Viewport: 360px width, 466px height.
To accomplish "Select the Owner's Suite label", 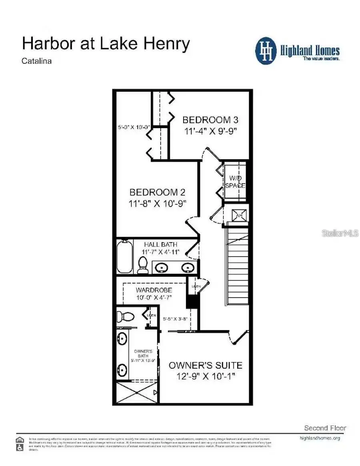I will (x=205, y=365).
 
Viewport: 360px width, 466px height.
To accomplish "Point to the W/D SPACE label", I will (x=235, y=182).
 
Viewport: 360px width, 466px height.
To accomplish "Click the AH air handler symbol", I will (x=239, y=215).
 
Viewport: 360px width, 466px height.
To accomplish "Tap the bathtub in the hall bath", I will (x=124, y=257).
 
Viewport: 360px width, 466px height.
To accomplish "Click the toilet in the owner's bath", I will (x=128, y=316).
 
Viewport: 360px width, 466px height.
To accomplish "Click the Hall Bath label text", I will (x=161, y=245).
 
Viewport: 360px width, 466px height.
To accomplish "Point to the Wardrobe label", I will (x=154, y=290).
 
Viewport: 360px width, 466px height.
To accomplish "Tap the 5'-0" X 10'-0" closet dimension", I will (x=134, y=127).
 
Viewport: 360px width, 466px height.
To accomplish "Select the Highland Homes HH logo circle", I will (x=266, y=51).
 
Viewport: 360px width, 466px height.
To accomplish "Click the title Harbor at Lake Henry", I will (x=106, y=43).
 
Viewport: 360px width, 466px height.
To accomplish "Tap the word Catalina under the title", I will (x=36, y=61).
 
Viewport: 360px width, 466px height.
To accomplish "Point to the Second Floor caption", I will (x=325, y=428).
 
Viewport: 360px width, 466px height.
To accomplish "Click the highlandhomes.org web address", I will (x=320, y=438).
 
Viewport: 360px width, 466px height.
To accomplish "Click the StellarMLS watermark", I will (x=340, y=233).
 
